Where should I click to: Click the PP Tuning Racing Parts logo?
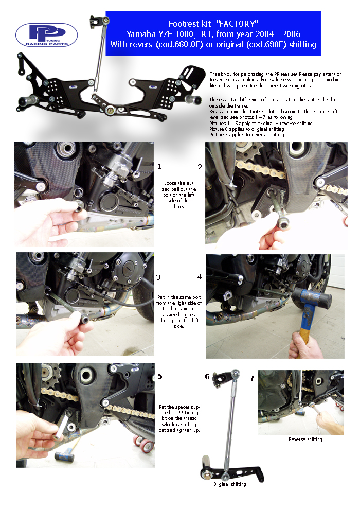click(x=46, y=35)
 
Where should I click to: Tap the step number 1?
click(x=159, y=167)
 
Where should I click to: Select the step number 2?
click(x=200, y=167)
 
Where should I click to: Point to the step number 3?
click(x=158, y=277)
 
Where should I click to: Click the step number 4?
click(x=200, y=277)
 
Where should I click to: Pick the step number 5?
click(x=160, y=376)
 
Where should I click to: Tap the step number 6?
click(x=207, y=377)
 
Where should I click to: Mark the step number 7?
click(x=252, y=378)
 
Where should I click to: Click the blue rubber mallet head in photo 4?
click(x=311, y=297)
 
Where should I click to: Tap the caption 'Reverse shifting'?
click(x=305, y=439)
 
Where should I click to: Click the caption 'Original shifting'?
click(x=229, y=484)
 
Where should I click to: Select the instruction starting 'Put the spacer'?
click(x=179, y=418)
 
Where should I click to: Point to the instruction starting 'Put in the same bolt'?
click(x=179, y=311)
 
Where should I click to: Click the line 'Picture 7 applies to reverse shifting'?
click(x=247, y=135)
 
